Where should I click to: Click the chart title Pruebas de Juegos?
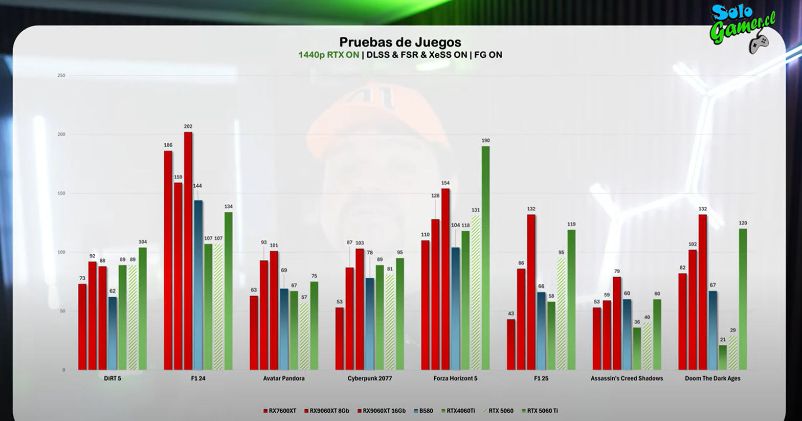tap(400, 42)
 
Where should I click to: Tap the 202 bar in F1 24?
tap(188, 251)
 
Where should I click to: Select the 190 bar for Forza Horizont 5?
tap(485, 258)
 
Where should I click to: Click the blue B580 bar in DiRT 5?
tap(113, 334)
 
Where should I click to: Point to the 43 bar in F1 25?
tap(511, 344)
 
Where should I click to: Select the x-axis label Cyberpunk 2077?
tap(369, 379)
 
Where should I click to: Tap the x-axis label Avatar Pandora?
tap(284, 379)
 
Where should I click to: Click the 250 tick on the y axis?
tap(61, 76)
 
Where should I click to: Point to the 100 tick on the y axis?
tap(61, 252)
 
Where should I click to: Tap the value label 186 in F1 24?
tap(168, 145)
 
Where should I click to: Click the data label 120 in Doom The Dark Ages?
tap(743, 223)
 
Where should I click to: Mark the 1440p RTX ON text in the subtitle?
tap(328, 55)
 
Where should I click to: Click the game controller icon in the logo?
tap(758, 43)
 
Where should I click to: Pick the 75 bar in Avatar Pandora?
tap(314, 326)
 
